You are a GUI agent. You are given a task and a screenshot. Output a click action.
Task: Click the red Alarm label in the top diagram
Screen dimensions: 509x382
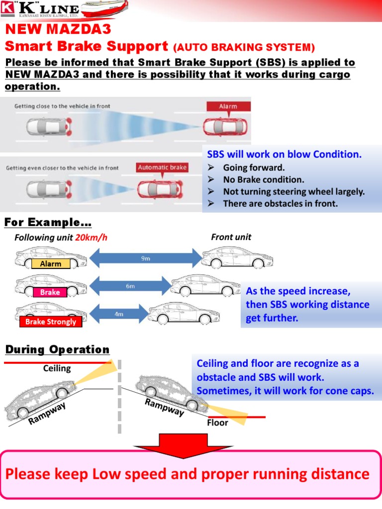pos(228,106)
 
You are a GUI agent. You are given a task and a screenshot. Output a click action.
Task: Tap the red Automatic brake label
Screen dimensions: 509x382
pos(162,168)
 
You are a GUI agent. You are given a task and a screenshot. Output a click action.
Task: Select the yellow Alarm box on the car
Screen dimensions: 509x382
pos(50,264)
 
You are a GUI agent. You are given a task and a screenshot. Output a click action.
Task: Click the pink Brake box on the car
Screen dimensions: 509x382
pos(50,292)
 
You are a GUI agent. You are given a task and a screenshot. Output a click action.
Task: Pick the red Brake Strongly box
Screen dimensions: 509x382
pos(51,322)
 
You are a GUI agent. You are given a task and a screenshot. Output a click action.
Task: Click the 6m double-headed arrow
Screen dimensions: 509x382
pos(129,286)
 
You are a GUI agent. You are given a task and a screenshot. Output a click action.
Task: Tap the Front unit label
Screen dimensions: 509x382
pos(231,237)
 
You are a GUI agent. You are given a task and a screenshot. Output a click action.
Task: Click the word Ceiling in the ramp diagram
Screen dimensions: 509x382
pos(57,368)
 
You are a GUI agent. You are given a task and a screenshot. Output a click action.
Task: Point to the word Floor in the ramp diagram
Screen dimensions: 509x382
pos(217,423)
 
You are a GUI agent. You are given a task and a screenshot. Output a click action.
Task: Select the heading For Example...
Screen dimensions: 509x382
pos(48,222)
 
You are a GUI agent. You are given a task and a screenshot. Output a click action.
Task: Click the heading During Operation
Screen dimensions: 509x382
pos(57,349)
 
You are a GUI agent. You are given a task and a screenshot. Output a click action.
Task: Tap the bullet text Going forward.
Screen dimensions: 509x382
pos(254,168)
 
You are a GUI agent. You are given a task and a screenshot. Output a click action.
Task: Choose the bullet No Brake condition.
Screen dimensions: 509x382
pos(263,179)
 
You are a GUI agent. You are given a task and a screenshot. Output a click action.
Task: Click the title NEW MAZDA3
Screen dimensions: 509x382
pos(58,29)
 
